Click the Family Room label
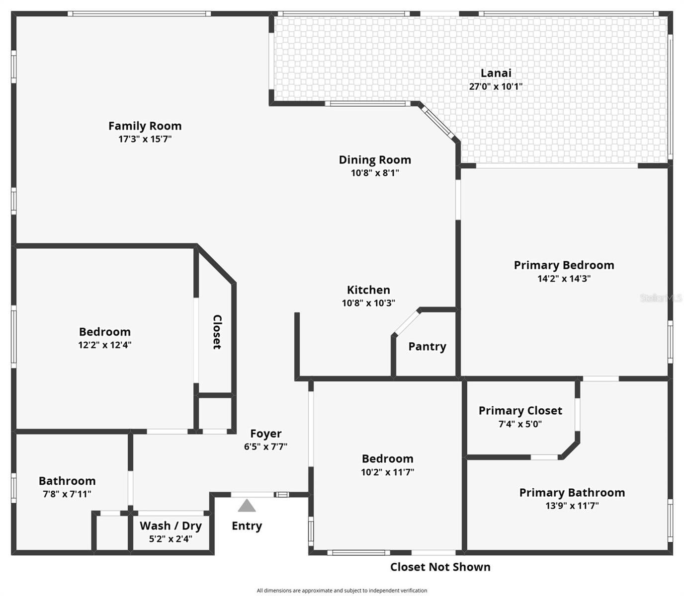point(145,126)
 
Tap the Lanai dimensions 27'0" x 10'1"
point(496,86)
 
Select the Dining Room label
point(375,160)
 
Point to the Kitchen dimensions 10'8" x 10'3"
point(368,303)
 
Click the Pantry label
point(427,347)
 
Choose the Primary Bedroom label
point(564,265)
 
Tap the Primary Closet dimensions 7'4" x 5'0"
point(520,424)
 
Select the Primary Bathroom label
point(572,493)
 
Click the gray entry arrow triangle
point(247,507)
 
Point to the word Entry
point(247,526)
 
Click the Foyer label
point(265,434)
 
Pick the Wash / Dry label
point(171,526)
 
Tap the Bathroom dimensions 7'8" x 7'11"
point(67,494)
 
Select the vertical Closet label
point(217,332)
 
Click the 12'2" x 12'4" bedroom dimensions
point(104,345)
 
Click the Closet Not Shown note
point(440,567)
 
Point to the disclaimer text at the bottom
point(342,591)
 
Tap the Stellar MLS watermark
point(661,298)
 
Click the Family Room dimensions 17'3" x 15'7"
point(145,139)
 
